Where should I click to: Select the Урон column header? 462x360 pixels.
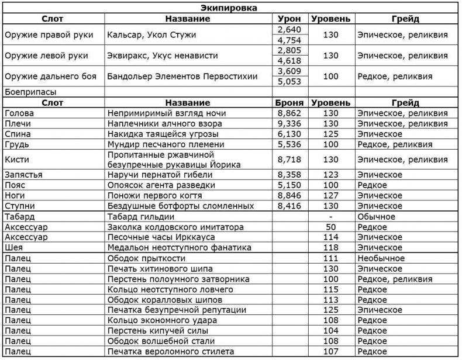289,19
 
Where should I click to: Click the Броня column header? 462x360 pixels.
289,102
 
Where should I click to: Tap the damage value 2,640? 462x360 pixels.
289,29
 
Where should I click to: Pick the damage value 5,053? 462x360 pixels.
289,82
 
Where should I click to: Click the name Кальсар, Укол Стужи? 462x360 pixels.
151,34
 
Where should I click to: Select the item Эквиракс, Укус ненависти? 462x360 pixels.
163,56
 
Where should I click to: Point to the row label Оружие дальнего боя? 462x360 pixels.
50,77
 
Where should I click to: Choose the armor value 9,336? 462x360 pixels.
289,123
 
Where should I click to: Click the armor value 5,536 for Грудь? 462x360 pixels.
289,144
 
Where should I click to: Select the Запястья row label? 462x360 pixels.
23,174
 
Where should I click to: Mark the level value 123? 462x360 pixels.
331,174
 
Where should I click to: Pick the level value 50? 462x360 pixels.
331,227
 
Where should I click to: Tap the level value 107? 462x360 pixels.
331,352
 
